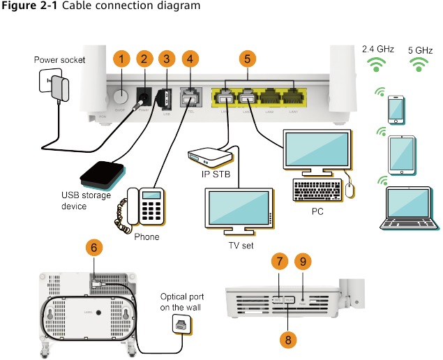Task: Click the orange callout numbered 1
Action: point(122,59)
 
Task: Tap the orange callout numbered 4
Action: point(189,59)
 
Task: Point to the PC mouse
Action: point(350,188)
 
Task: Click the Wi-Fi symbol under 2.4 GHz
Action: point(377,65)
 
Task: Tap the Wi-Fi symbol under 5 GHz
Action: point(419,65)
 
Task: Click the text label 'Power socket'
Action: point(59,60)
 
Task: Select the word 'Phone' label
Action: point(146,237)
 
